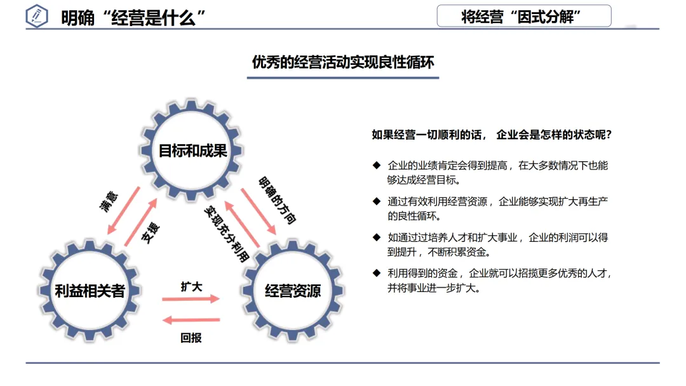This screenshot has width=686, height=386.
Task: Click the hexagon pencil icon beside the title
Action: (37, 17)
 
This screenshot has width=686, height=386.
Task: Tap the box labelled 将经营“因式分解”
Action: (523, 16)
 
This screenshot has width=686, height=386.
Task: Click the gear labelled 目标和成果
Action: (192, 151)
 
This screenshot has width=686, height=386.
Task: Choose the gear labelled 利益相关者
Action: (90, 291)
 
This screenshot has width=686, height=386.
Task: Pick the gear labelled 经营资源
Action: (292, 291)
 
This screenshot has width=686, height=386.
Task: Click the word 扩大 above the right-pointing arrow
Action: (191, 286)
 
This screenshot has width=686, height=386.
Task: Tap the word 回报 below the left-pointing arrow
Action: (191, 338)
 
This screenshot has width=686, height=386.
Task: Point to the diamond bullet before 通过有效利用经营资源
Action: (376, 202)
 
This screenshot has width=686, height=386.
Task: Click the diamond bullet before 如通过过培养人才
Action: (376, 237)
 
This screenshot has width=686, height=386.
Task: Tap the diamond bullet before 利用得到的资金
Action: (376, 274)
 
